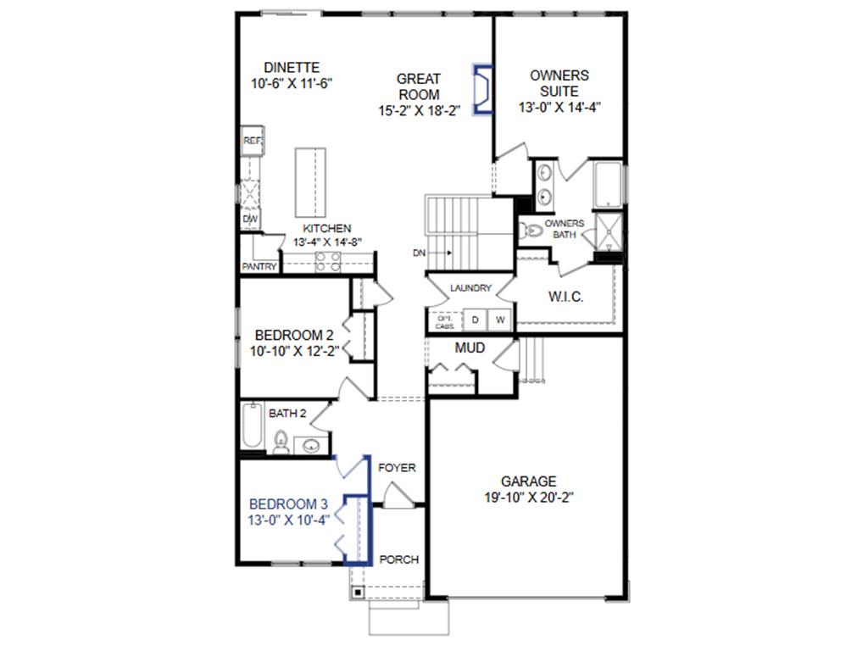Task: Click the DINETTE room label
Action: click(x=291, y=68)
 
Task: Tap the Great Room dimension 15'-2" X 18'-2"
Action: click(x=419, y=110)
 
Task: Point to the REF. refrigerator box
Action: click(x=252, y=141)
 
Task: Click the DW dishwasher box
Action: click(x=250, y=219)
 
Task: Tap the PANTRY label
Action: click(x=259, y=266)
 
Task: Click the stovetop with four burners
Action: click(x=328, y=263)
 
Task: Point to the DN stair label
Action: click(x=419, y=253)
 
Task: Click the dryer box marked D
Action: click(x=476, y=320)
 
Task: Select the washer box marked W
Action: click(x=500, y=320)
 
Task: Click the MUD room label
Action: click(x=470, y=348)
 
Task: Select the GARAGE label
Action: click(x=528, y=481)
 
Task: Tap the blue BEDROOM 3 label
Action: click(x=288, y=503)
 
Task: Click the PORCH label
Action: click(x=398, y=559)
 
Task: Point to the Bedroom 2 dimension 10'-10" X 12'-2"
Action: click(x=294, y=350)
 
